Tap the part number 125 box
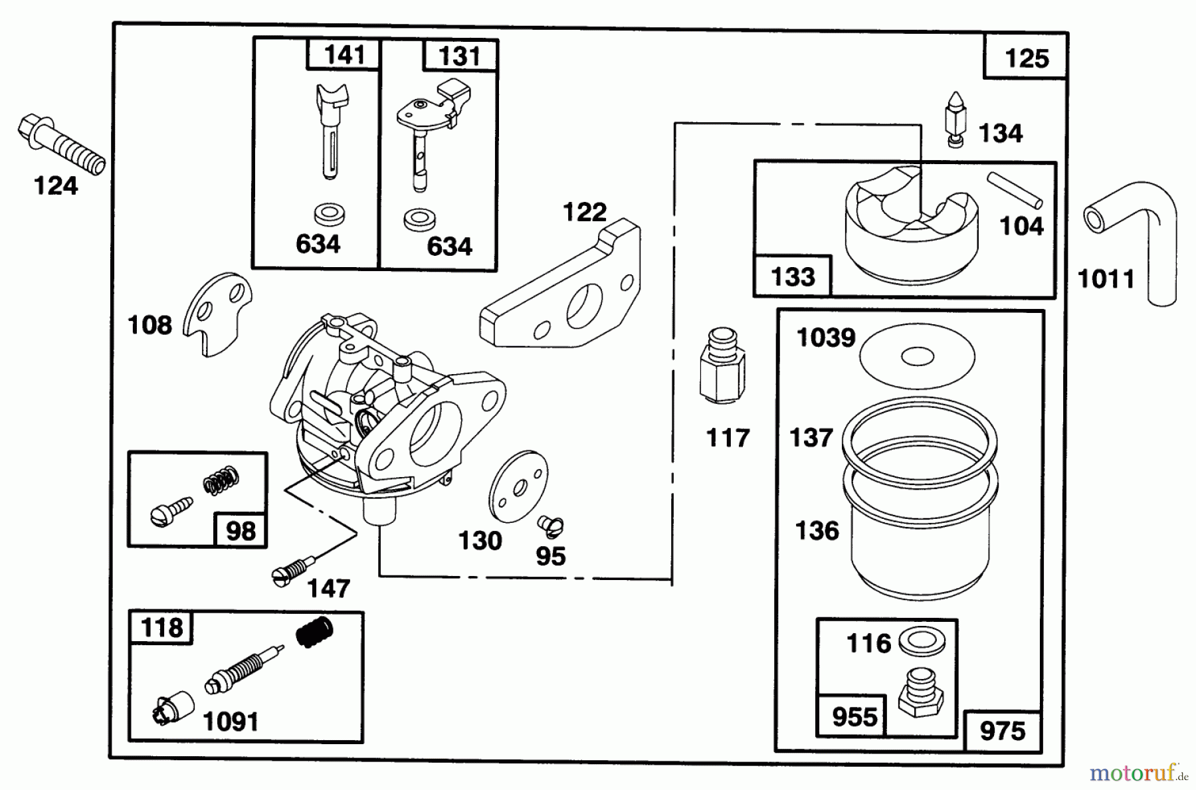tap(1025, 58)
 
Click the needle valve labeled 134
tap(955, 120)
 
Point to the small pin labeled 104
tap(1015, 191)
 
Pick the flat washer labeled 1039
tap(917, 356)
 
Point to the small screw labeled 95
tap(551, 527)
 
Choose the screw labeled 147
tap(292, 571)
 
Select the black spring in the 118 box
tap(314, 632)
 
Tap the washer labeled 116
tap(922, 642)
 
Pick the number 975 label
tap(1003, 731)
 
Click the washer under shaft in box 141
tap(329, 215)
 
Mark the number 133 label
tap(793, 276)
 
